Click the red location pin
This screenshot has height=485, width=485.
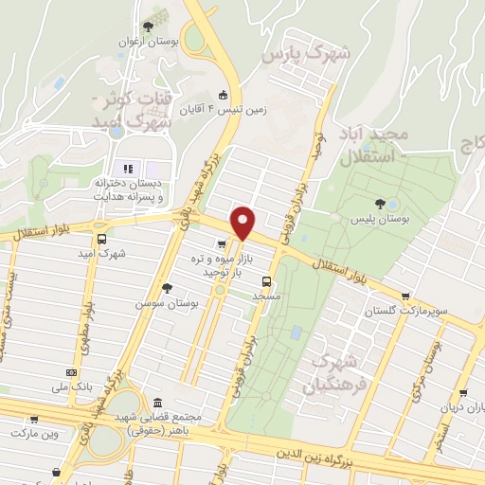pyautogui.click(x=242, y=223)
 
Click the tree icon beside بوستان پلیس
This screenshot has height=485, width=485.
pyautogui.click(x=380, y=203)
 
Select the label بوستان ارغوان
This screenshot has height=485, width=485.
pyautogui.click(x=141, y=42)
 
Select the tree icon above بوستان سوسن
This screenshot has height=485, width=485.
pyautogui.click(x=168, y=287)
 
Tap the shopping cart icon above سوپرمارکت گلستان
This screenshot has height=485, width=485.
pyautogui.click(x=406, y=296)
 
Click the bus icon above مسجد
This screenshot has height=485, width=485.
pyautogui.click(x=266, y=280)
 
